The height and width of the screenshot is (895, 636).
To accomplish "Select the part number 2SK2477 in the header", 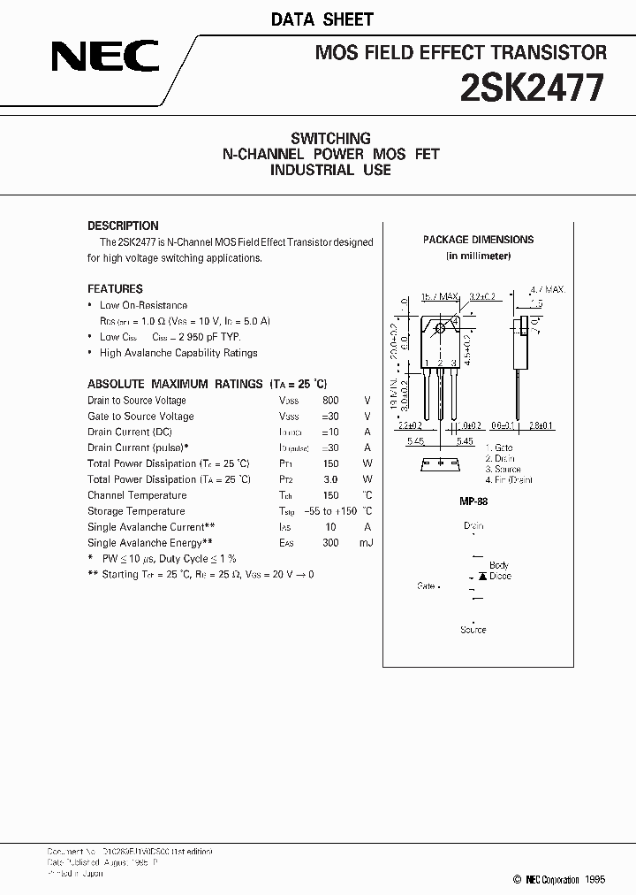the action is coord(533,88).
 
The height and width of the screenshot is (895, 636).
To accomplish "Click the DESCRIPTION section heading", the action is coord(123,226).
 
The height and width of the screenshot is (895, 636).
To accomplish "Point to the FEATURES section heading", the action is coord(115,288).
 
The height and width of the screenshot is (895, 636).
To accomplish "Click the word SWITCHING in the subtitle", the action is coord(330,138).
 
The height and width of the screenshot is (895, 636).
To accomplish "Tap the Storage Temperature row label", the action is coord(137,511).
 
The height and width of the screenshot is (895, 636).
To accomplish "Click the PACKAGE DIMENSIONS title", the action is coord(478,240).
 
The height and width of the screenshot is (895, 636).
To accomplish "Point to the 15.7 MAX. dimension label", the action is coord(440,297).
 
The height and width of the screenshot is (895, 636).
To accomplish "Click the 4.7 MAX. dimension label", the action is coord(547,289).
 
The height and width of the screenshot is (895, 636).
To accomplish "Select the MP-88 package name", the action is coord(474,501).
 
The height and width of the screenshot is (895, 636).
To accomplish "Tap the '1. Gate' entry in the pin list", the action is coord(499,448).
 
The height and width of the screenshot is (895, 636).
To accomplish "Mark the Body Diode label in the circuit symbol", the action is coord(499,570).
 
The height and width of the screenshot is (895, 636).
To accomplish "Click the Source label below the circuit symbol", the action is coord(473,630).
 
